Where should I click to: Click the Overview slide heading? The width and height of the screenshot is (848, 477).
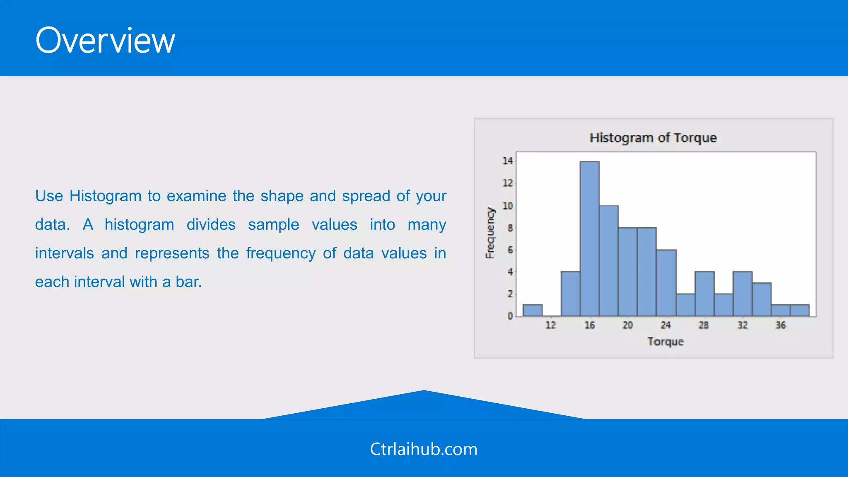(105, 41)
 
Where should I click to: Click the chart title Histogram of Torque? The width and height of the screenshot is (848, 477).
(653, 138)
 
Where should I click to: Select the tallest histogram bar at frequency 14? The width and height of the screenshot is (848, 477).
(589, 239)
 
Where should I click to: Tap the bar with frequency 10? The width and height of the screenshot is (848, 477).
(608, 261)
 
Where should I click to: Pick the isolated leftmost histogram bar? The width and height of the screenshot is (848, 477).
(532, 311)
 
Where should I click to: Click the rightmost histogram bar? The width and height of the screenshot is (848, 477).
(799, 311)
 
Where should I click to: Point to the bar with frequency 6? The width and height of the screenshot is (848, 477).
(666, 283)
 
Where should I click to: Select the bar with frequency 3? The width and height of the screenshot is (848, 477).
(761, 299)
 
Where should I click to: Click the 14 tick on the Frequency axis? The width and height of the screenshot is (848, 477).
(507, 161)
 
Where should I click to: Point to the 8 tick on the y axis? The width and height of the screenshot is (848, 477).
(510, 228)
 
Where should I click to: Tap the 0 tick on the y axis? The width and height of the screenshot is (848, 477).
(510, 316)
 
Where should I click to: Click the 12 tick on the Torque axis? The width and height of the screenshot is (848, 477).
(550, 325)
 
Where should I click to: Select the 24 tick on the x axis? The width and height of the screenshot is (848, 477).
(665, 325)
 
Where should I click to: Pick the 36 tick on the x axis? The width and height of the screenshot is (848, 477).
(781, 325)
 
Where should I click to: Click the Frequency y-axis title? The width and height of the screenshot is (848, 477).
(490, 233)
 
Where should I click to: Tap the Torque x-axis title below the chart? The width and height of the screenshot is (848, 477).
(665, 342)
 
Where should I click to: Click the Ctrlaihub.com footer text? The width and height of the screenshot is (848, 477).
(424, 449)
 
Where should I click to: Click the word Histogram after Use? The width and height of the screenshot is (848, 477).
(105, 196)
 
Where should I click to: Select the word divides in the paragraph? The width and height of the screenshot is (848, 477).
(211, 224)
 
